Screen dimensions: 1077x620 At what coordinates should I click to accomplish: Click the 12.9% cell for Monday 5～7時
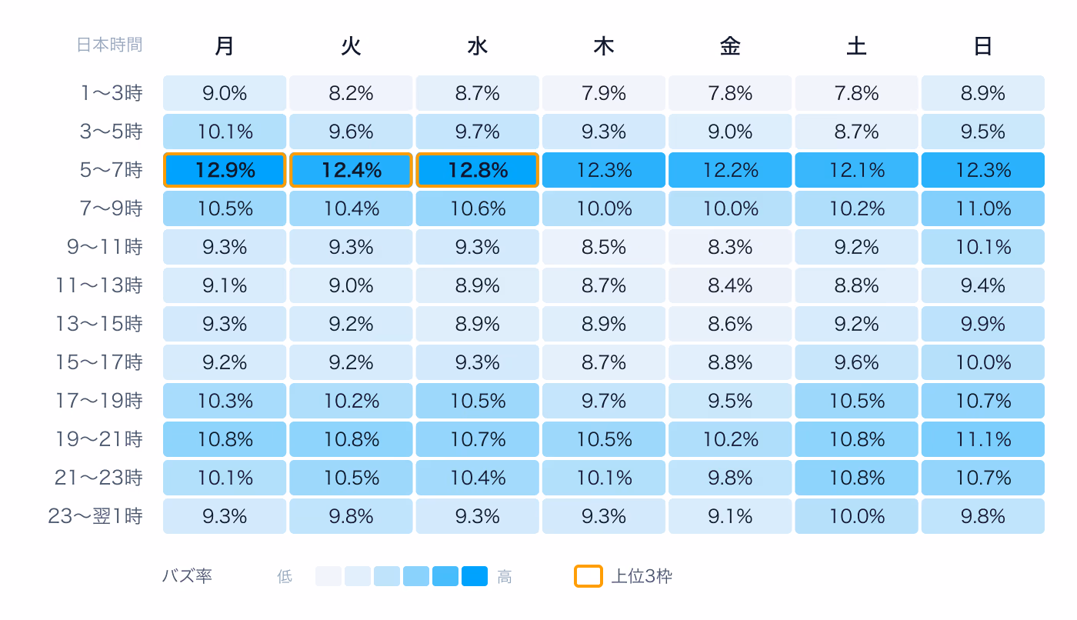point(225,170)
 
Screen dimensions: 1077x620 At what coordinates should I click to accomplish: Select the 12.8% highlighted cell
point(478,170)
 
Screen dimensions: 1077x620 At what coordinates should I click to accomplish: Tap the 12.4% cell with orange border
point(351,170)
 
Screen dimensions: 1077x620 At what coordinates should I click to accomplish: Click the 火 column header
point(351,46)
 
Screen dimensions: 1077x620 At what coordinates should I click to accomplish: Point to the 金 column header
point(730,46)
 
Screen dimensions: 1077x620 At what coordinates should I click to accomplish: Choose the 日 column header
point(983,46)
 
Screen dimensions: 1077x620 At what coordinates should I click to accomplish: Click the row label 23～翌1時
point(95,516)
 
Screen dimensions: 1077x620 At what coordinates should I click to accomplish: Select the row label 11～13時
point(99,285)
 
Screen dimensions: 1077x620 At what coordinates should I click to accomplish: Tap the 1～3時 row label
point(112,93)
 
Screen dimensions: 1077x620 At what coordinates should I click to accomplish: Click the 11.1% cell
point(983,439)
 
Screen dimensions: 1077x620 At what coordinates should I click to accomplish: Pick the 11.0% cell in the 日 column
point(983,208)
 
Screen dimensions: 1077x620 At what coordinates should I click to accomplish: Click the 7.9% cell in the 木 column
point(604,93)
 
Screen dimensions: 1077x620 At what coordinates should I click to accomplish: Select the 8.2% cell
point(351,93)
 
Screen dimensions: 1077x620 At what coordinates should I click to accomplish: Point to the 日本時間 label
point(109,45)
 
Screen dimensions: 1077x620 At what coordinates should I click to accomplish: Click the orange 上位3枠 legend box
point(588,576)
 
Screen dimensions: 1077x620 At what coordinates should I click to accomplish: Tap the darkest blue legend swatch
point(475,576)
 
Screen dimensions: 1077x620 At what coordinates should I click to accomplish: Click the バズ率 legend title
point(187,576)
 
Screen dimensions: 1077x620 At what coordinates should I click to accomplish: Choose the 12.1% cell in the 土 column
point(856,170)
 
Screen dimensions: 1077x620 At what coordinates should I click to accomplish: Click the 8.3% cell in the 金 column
point(730,247)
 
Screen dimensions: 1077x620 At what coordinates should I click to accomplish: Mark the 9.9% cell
point(983,324)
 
